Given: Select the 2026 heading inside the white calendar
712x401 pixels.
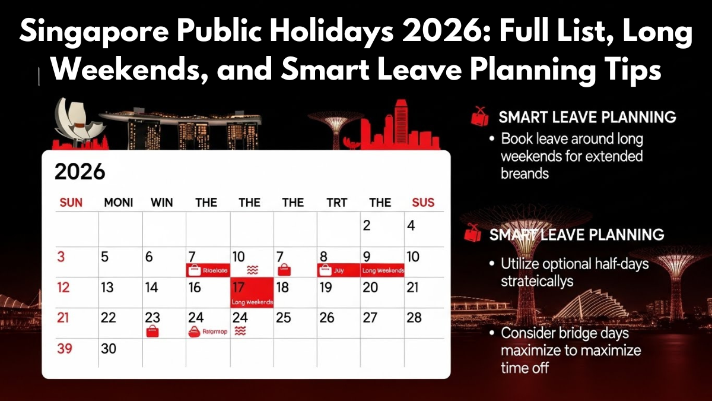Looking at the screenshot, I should coord(80,172).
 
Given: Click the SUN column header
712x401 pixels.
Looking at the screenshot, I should coord(71,203).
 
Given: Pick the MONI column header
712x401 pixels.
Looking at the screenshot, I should coord(119,203).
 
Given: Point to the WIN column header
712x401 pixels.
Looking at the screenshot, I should coord(161,203).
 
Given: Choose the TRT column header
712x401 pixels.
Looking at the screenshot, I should coord(337,203).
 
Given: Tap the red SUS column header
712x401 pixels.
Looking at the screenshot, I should coord(423,203).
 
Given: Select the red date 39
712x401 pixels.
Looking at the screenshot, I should coord(64,349).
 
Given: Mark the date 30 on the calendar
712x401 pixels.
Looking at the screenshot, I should coord(109,349).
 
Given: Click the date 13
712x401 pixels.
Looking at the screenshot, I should coord(107,288).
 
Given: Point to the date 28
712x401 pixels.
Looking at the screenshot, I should coord(414,317).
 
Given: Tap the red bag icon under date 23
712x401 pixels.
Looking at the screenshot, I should coord(153,331).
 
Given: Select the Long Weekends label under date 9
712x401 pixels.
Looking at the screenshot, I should coord(383,271).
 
